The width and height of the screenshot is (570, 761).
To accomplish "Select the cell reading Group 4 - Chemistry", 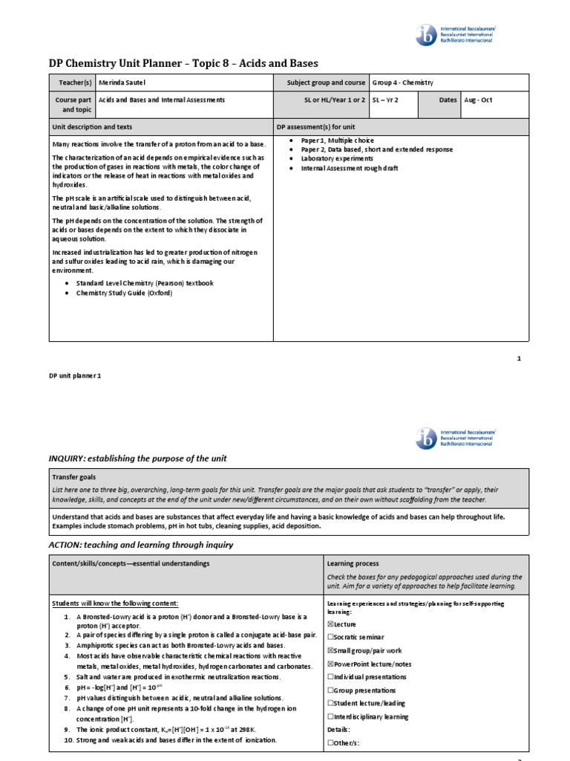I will coord(403,82).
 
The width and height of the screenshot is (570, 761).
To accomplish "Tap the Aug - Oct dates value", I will coord(477,100).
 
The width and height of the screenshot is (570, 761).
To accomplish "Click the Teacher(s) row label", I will coord(73,82).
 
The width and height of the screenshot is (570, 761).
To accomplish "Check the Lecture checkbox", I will coord(330,624).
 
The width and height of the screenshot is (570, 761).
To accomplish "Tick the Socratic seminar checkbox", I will coord(330,638).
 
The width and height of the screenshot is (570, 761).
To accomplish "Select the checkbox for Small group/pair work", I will coord(330,651).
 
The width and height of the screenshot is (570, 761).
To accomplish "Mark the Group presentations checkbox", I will coord(330,690).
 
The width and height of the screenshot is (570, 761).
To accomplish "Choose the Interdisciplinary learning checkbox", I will coord(330,716).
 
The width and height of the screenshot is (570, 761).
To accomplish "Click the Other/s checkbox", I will coord(330,742).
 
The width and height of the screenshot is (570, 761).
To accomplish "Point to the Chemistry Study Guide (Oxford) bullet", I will coord(124,293).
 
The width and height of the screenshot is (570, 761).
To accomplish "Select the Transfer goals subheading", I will coord(74,477).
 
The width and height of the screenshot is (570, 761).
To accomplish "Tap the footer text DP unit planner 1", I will coord(74,376).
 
